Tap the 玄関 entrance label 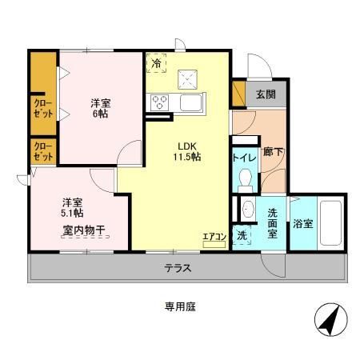click(266, 94)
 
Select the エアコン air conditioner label click(213, 237)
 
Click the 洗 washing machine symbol click(242, 236)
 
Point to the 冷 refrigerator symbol click(156, 62)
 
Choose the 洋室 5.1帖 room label click(74, 208)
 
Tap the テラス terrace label click(178, 269)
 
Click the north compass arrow click(328, 322)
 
